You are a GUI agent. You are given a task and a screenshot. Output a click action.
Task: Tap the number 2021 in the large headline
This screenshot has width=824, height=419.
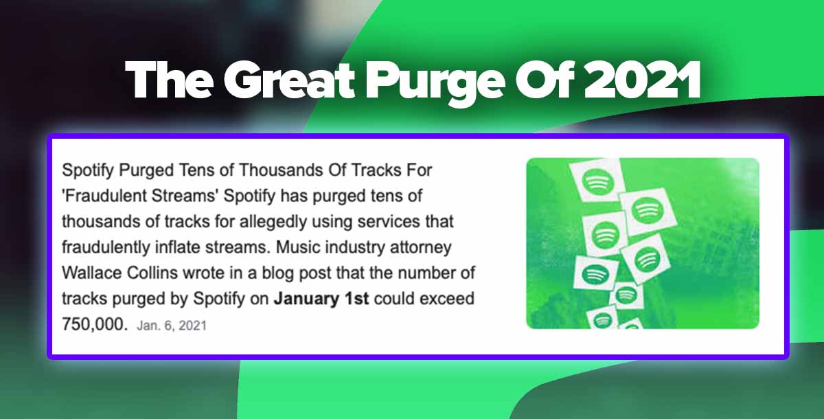pyautogui.click(x=642, y=80)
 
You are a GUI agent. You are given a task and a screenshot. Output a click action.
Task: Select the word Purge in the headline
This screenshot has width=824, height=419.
pyautogui.click(x=434, y=84)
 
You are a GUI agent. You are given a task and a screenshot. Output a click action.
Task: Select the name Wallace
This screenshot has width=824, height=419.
pyautogui.click(x=91, y=273)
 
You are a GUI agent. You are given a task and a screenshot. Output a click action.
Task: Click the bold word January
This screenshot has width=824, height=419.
pyautogui.click(x=306, y=299)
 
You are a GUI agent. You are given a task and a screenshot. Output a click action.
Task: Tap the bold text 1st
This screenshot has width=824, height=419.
pyautogui.click(x=356, y=299)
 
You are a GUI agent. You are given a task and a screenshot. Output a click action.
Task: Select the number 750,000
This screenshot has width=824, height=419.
pyautogui.click(x=95, y=325)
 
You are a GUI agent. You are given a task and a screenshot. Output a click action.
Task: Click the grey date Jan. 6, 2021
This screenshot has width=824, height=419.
pyautogui.click(x=172, y=326)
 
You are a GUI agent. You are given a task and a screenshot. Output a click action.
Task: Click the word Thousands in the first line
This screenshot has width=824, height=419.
pyautogui.click(x=282, y=170)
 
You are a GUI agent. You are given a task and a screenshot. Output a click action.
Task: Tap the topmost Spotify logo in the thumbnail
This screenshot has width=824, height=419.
pyautogui.click(x=598, y=181)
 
